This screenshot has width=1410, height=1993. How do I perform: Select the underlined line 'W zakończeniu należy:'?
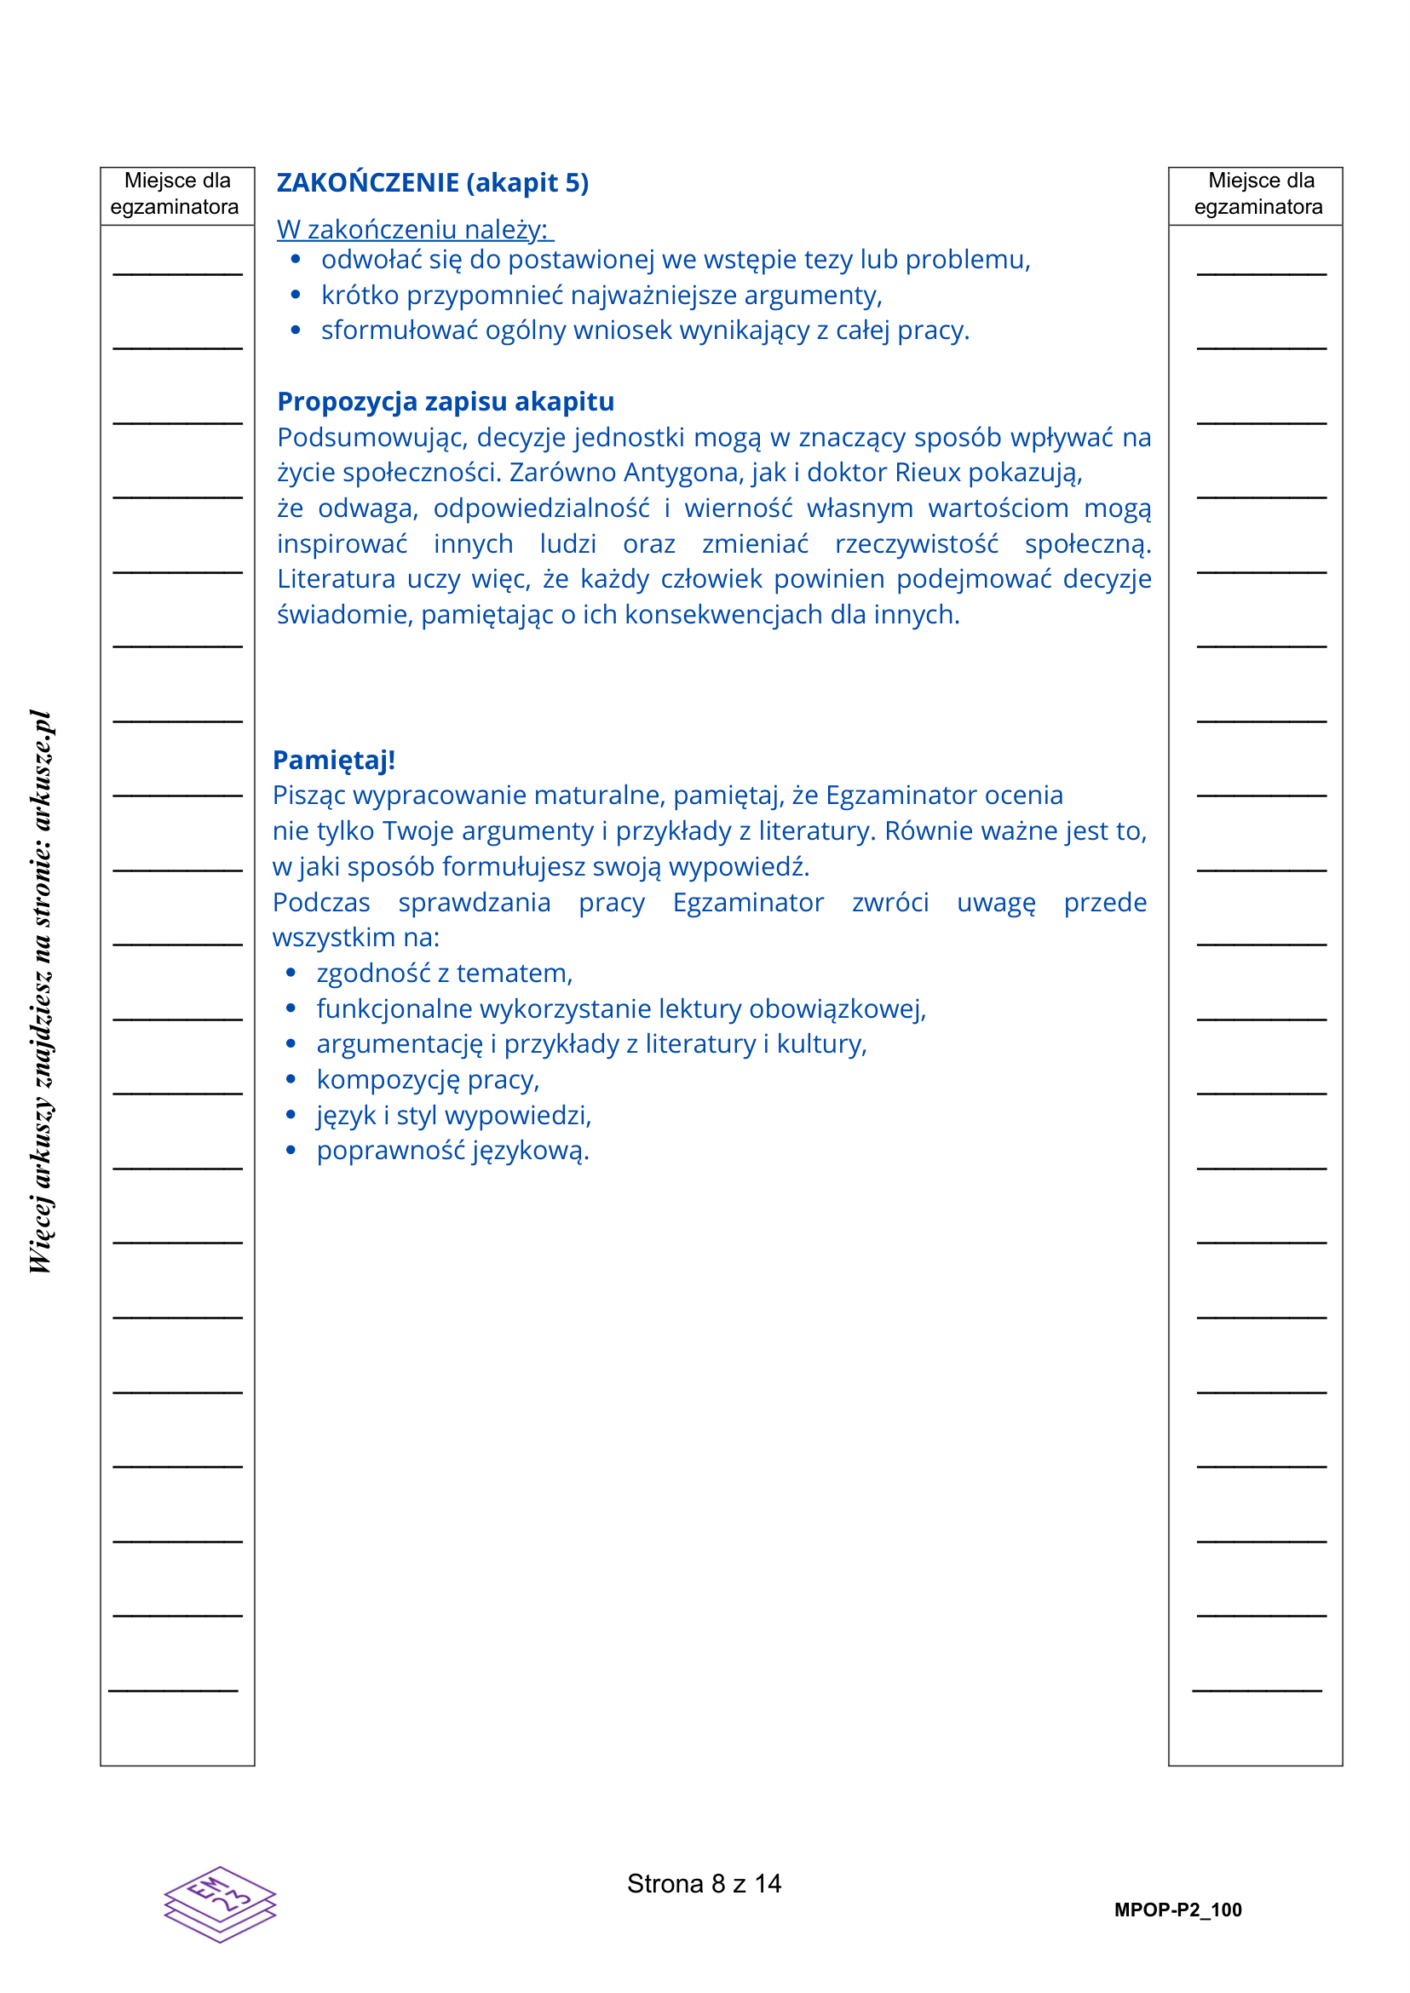pos(414,229)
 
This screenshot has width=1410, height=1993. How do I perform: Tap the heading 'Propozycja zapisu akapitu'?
pos(446,402)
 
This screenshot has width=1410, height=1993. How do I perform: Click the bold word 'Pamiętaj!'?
pos(333,760)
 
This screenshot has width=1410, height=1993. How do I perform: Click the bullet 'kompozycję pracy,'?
pos(427,1080)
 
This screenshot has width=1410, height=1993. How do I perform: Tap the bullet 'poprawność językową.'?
pos(452,1151)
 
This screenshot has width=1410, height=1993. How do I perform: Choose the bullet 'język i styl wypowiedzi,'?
pos(453,1116)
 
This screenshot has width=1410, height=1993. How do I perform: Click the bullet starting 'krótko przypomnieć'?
pos(601,296)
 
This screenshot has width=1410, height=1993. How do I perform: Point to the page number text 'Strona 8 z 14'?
pos(704,1884)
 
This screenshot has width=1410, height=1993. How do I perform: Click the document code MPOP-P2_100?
pos(1177,1910)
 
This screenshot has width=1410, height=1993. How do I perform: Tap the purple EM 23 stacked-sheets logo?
pos(220,1904)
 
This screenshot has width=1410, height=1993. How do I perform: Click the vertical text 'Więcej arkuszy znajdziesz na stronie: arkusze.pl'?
pos(41,991)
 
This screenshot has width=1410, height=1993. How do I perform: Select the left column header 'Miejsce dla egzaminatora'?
pos(176,193)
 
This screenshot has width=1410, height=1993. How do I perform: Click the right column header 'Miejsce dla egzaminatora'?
pos(1259,193)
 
